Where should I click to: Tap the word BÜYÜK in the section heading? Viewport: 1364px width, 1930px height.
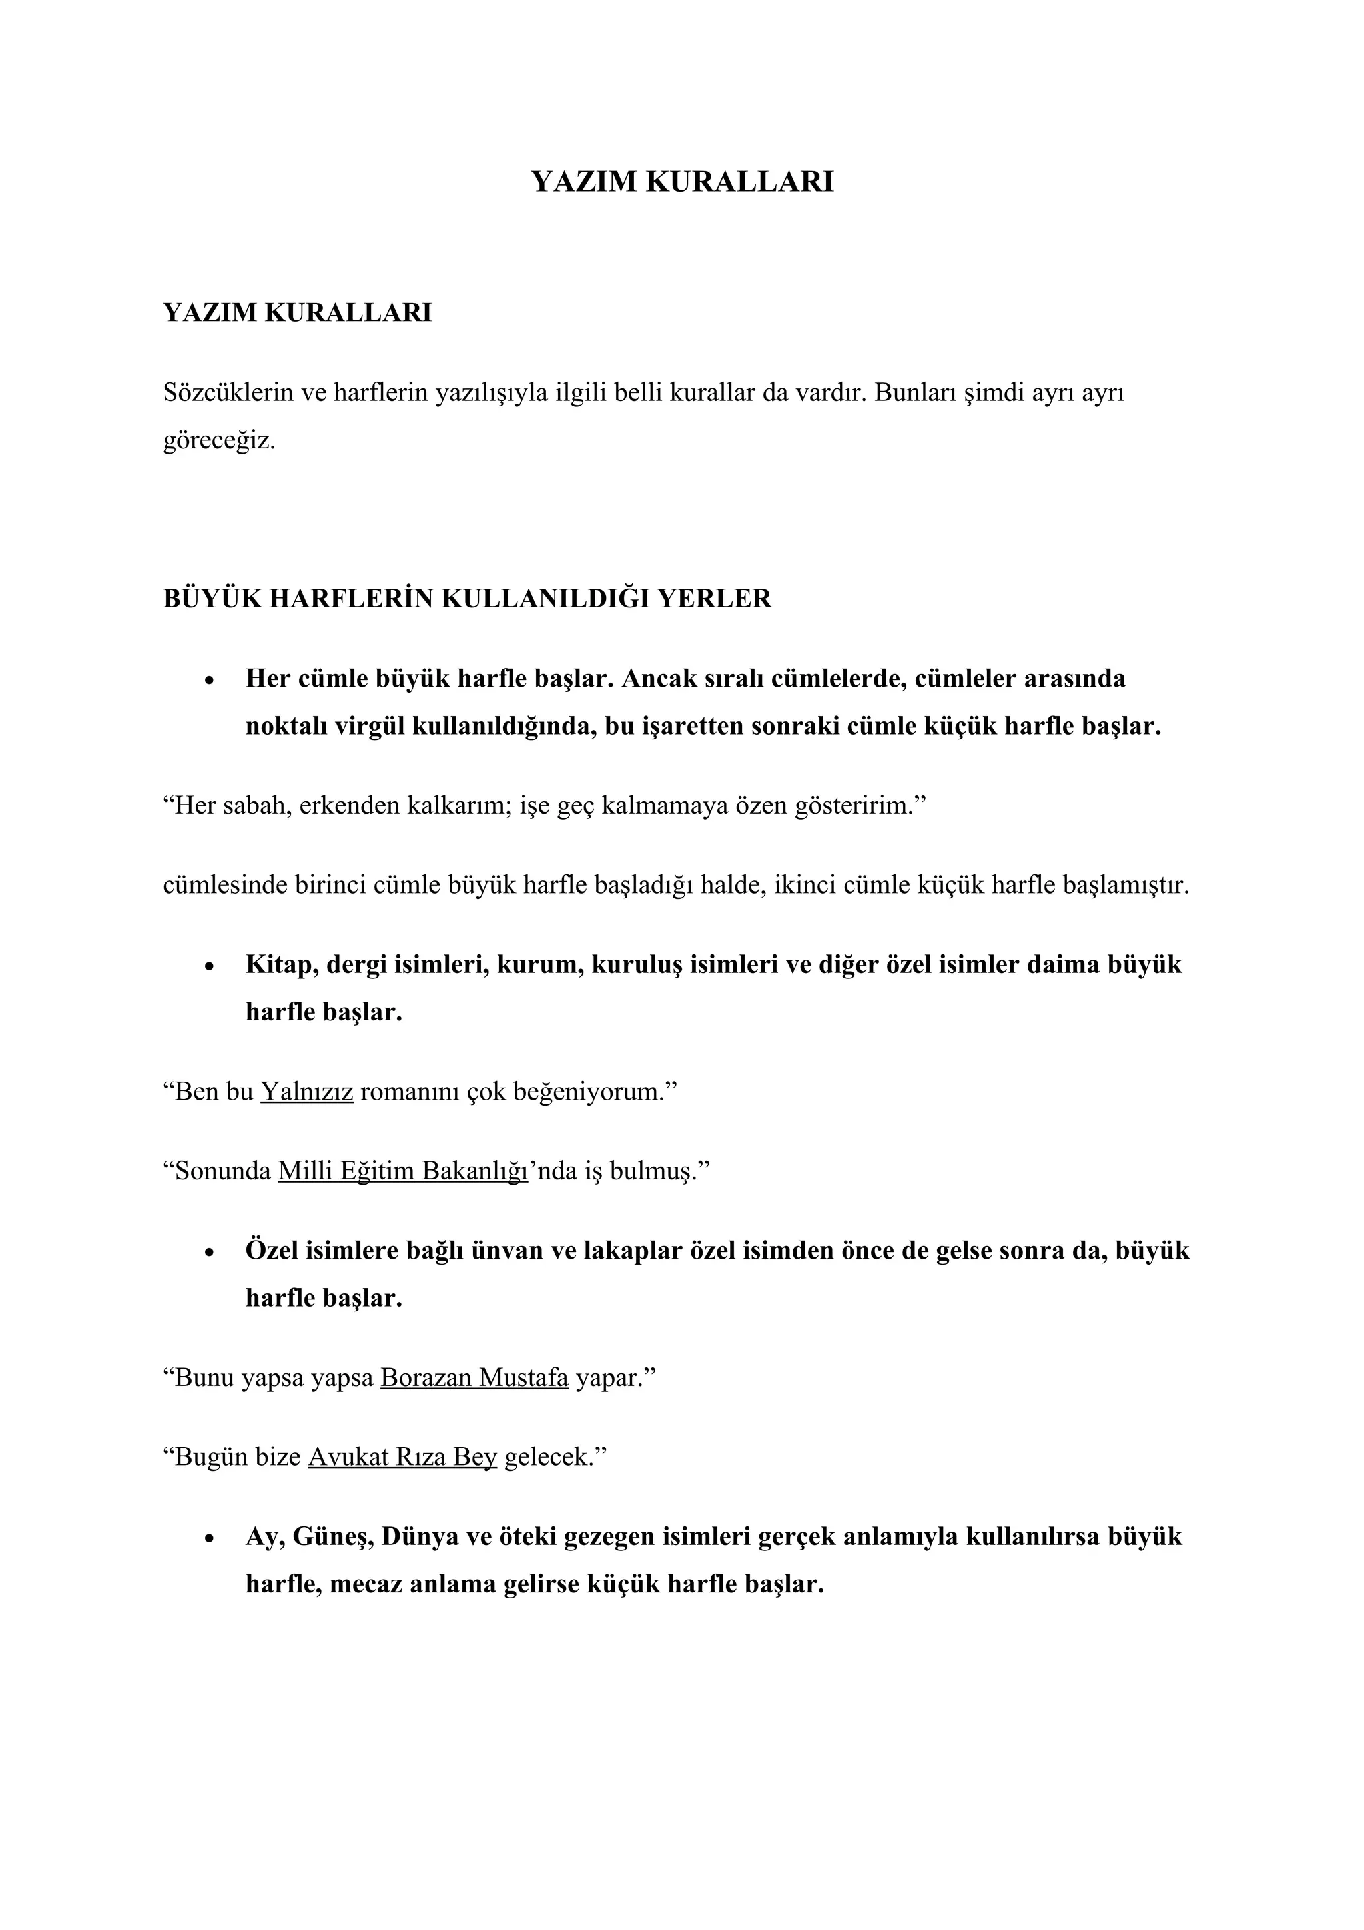[211, 599]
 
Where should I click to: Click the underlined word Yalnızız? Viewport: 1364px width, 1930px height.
[307, 1092]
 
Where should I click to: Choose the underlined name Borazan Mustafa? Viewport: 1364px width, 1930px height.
[474, 1378]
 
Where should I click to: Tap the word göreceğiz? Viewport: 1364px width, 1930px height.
[218, 440]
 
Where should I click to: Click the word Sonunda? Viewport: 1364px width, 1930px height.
[222, 1171]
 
